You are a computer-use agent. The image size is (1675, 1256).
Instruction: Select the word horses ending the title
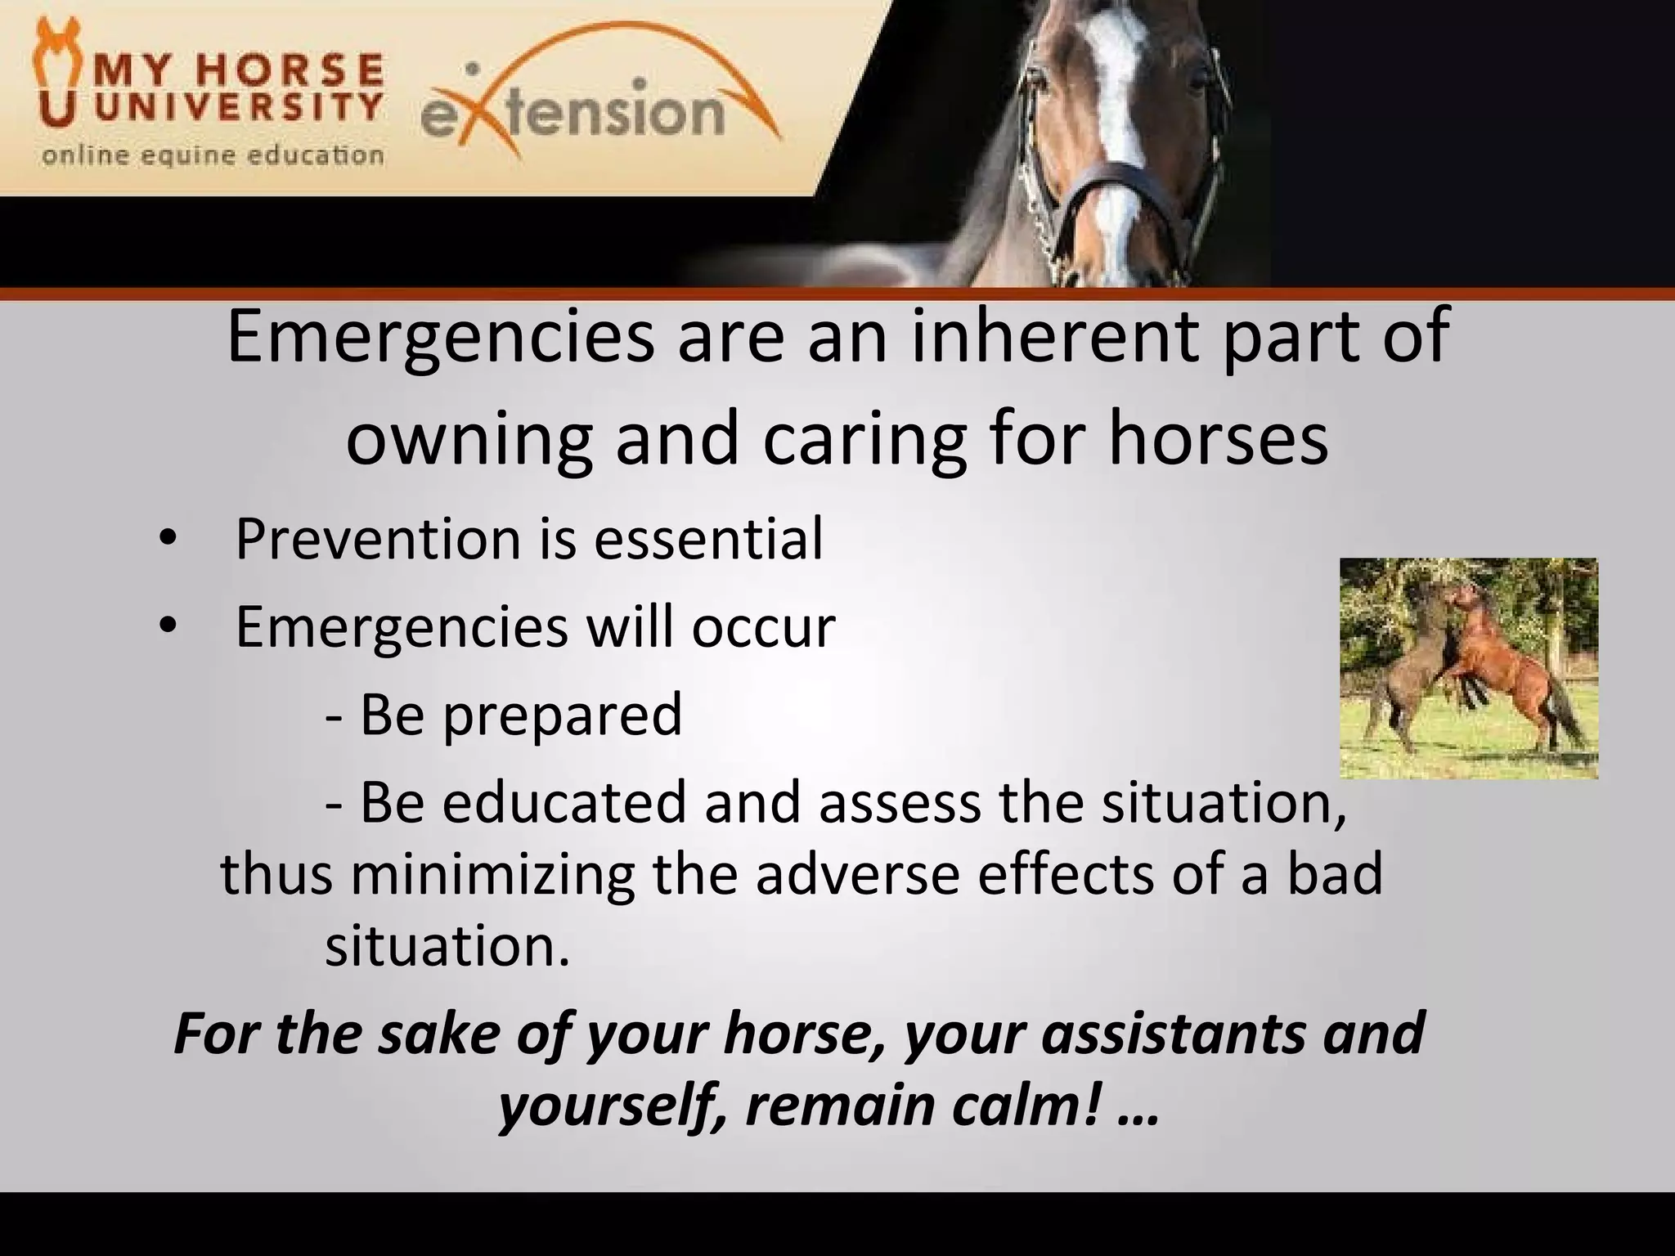tap(1218, 440)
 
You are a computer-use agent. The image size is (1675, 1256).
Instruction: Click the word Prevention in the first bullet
tap(378, 540)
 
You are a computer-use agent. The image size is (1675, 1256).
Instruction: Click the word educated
tap(565, 802)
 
